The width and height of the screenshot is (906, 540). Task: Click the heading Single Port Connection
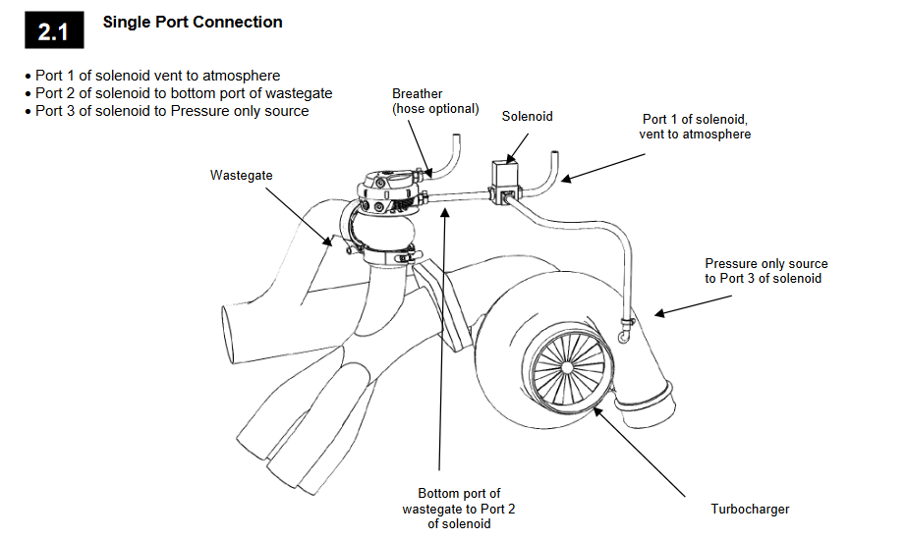(x=193, y=22)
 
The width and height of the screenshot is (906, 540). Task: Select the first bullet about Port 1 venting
(x=157, y=76)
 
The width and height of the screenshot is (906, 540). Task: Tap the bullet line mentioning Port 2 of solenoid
(x=183, y=93)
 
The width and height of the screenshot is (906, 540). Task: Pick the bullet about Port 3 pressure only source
(x=171, y=111)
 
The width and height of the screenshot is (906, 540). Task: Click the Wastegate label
(x=241, y=175)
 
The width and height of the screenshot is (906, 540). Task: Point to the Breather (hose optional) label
(x=435, y=101)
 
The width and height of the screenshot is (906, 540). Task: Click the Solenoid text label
(x=527, y=116)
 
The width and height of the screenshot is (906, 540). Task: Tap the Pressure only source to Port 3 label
(x=765, y=271)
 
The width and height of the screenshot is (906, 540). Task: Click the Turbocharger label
(x=750, y=509)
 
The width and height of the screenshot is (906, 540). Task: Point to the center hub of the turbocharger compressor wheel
(x=567, y=364)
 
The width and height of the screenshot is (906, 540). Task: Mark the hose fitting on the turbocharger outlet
(x=625, y=333)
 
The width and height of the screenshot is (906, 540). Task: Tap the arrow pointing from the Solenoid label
(x=518, y=143)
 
